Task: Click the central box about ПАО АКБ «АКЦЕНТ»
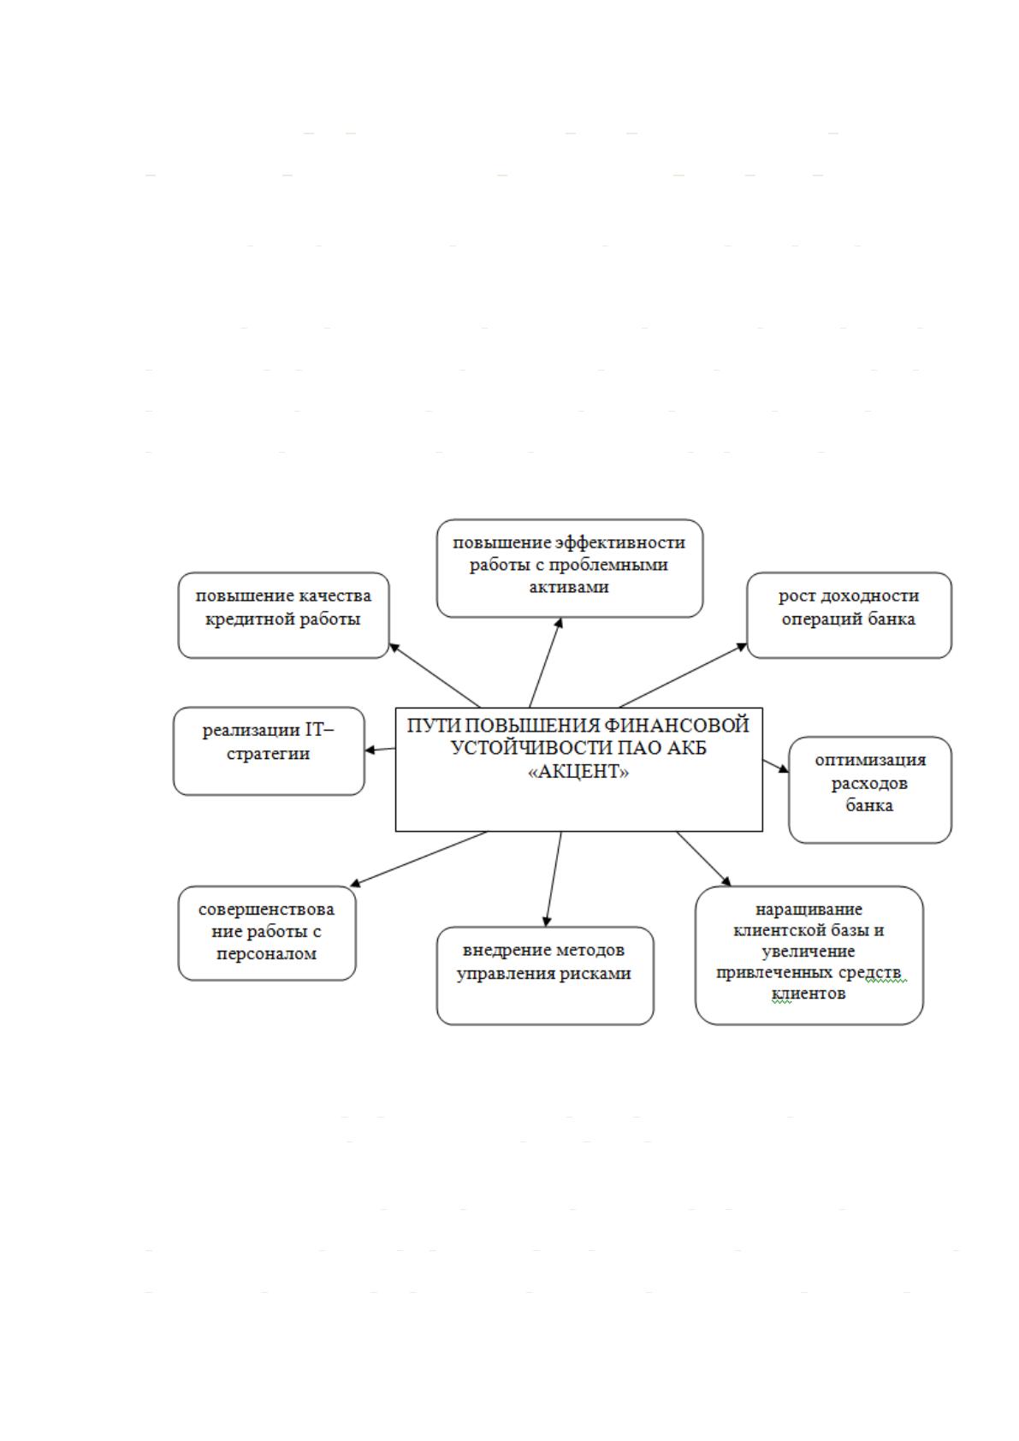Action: click(578, 769)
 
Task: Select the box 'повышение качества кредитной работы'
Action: click(284, 615)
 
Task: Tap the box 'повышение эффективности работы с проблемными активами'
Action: click(569, 569)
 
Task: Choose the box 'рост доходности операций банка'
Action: click(849, 615)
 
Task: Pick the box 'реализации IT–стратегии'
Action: click(269, 751)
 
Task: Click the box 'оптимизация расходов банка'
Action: click(870, 790)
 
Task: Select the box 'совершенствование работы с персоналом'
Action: click(267, 934)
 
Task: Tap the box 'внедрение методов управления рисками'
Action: click(545, 975)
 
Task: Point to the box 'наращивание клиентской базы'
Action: click(809, 955)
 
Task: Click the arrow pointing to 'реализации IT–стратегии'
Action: click(380, 750)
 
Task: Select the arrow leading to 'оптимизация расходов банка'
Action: click(776, 766)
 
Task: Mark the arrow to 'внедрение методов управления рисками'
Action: click(554, 880)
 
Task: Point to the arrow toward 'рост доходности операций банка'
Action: click(684, 675)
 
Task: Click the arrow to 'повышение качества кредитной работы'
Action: click(435, 675)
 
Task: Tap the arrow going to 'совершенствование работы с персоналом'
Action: click(418, 859)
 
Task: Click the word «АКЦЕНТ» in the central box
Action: click(578, 771)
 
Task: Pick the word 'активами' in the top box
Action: click(569, 587)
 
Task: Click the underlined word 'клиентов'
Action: click(808, 993)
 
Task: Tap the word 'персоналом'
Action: click(266, 953)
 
